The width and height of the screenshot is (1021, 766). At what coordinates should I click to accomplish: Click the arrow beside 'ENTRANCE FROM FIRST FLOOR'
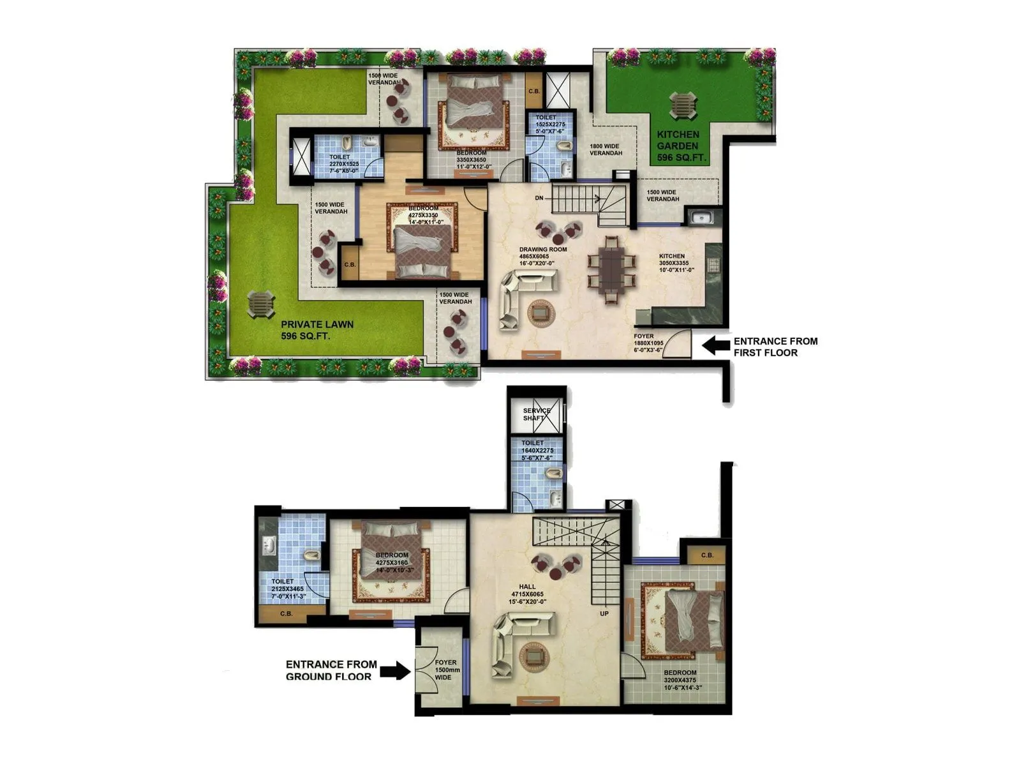pos(716,346)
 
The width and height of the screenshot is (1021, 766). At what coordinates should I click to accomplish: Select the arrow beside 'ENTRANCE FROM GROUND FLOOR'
pos(395,670)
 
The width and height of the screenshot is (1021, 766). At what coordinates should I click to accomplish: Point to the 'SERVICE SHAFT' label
pos(537,414)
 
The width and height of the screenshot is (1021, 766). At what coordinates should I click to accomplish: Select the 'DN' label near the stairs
pos(539,199)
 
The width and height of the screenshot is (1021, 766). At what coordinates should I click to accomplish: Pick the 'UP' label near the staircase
pos(604,613)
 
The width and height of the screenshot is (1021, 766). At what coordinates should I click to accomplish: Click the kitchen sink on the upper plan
pos(701,218)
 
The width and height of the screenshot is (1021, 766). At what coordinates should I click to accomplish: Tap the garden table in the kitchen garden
pos(683,105)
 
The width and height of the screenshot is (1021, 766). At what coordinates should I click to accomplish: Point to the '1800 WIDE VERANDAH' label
pos(606,149)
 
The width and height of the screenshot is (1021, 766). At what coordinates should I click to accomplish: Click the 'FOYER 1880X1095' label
pos(648,343)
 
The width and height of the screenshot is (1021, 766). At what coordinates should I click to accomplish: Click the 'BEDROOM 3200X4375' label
pos(680,680)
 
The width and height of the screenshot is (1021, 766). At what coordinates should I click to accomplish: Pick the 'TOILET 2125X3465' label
pos(287,589)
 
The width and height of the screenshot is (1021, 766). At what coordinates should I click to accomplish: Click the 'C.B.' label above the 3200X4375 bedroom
pos(707,555)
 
